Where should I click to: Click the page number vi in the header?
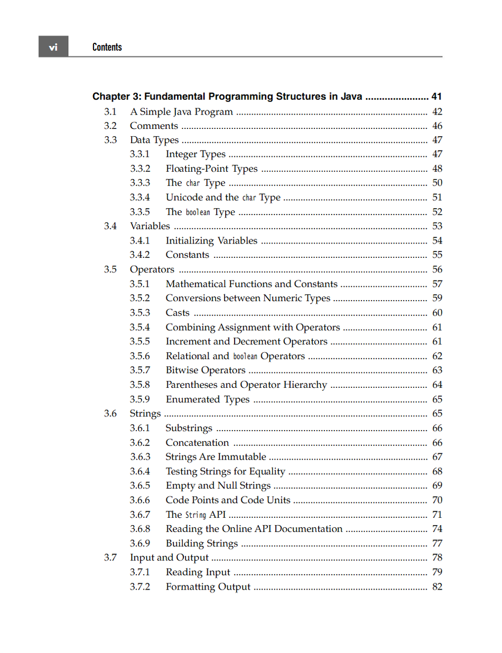point(53,47)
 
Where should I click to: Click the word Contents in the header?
point(107,47)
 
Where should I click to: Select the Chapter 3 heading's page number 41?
point(436,97)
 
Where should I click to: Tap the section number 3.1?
point(110,111)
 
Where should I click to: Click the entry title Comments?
point(154,126)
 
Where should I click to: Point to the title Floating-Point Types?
point(211,169)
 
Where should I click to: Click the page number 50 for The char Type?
point(437,183)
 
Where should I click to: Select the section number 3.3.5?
point(140,212)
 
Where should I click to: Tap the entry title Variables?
point(150,226)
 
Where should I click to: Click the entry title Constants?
point(187,255)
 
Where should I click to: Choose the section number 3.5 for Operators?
point(110,269)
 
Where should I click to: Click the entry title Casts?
point(177,313)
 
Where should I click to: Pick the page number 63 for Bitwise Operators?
point(437,370)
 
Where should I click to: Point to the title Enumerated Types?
point(207,399)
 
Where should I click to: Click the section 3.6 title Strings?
point(145,414)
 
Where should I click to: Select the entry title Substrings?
point(189,428)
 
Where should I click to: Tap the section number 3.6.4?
point(140,471)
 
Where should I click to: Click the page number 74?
point(437,529)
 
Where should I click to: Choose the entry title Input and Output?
point(169,557)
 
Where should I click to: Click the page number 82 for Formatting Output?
point(437,586)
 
